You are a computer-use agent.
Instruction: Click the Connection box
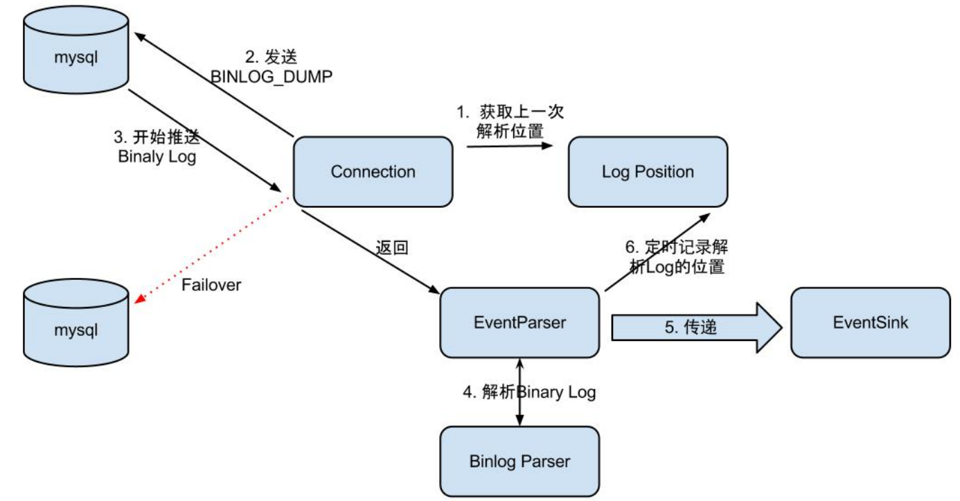pos(373,172)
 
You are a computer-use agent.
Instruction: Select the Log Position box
pos(648,172)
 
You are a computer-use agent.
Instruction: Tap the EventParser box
pos(519,322)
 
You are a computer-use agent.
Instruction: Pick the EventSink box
pos(870,322)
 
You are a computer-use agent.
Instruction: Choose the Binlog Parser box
pos(519,461)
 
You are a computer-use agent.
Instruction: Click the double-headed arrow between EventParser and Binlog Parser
pos(519,392)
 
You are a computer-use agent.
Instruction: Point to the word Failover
pos(211,285)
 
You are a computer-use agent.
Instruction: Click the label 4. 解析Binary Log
pos(529,392)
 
